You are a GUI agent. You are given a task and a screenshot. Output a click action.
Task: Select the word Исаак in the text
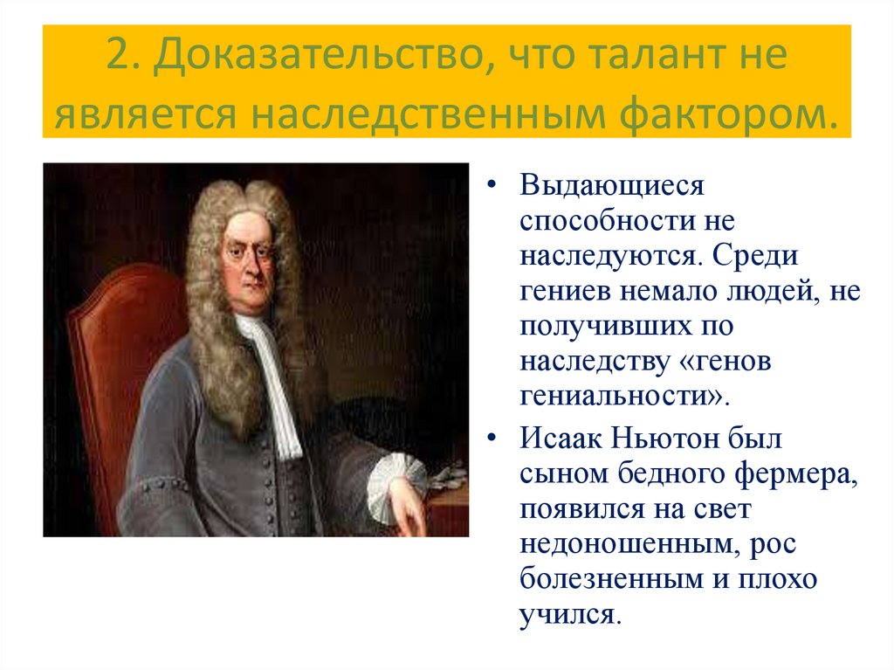pos(562,437)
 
